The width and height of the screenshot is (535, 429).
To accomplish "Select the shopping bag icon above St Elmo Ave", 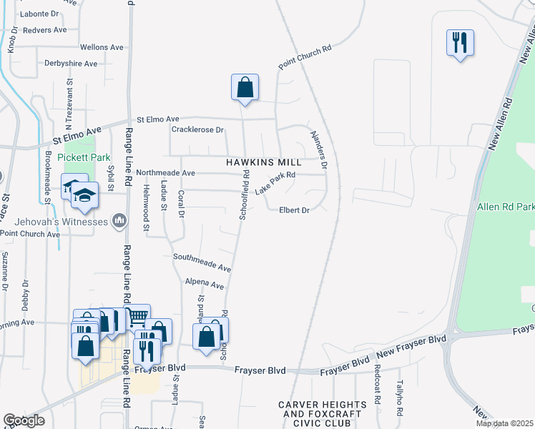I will (x=245, y=87).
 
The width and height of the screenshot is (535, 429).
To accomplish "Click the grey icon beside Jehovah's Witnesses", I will (x=119, y=221).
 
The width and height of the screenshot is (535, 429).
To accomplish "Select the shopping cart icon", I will (x=137, y=316).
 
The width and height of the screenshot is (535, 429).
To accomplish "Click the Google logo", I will (x=24, y=420).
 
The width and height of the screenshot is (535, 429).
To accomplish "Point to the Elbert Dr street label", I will (x=294, y=210).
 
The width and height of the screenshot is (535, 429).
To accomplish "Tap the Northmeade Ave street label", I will (x=165, y=173).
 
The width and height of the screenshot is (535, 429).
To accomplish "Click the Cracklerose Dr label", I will (x=198, y=130).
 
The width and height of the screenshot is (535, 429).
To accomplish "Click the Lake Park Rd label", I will (x=275, y=185).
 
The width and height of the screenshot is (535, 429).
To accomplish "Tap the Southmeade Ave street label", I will (x=202, y=262).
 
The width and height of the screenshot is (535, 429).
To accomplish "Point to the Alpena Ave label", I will (x=200, y=282).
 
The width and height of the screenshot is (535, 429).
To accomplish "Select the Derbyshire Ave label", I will (x=71, y=64).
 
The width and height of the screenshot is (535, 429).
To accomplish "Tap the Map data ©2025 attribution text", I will (x=505, y=423).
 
